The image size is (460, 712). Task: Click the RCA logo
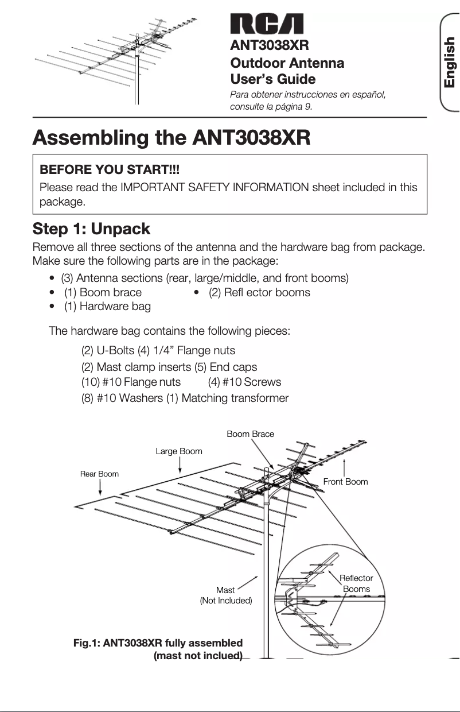pyautogui.click(x=267, y=24)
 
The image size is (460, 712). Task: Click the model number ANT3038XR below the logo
pyautogui.click(x=270, y=45)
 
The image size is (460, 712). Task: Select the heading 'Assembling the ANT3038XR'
pyautogui.click(x=171, y=138)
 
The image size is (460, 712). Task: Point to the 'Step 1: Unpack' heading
pyautogui.click(x=91, y=229)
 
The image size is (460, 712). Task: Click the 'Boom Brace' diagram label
pyautogui.click(x=250, y=434)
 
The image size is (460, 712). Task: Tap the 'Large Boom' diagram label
pyautogui.click(x=179, y=451)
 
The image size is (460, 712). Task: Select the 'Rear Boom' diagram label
pyautogui.click(x=99, y=474)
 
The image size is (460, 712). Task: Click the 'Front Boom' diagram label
pyautogui.click(x=345, y=482)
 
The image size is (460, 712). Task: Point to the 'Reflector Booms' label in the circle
pyautogui.click(x=356, y=583)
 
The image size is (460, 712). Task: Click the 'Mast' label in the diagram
pyautogui.click(x=225, y=590)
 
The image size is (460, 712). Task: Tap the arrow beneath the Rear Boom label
pyautogui.click(x=100, y=487)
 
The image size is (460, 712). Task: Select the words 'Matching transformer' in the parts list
pyautogui.click(x=235, y=398)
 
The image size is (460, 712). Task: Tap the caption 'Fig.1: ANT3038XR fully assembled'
pyautogui.click(x=158, y=643)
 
